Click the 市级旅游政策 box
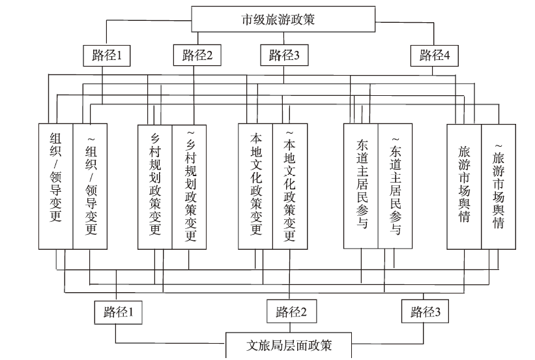click(283, 19)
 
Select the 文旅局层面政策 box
click(289, 345)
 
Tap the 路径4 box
click(435, 55)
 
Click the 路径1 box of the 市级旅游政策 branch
click(107, 55)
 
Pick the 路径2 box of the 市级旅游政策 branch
click(197, 55)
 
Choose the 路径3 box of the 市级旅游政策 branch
click(284, 55)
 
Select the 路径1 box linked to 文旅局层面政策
click(119, 312)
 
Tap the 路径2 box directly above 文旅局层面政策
click(291, 311)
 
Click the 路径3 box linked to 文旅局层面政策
click(425, 311)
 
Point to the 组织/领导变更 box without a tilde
click(55, 187)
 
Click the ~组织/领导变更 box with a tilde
click(90, 187)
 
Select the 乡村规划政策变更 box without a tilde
click(155, 187)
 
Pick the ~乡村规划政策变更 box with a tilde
click(189, 187)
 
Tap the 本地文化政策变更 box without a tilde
click(255, 187)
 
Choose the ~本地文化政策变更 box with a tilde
click(290, 187)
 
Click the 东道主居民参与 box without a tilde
click(360, 186)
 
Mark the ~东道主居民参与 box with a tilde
click(395, 186)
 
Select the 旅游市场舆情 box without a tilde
click(464, 187)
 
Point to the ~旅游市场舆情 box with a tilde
click(499, 187)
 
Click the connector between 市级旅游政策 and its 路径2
click(197, 38)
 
